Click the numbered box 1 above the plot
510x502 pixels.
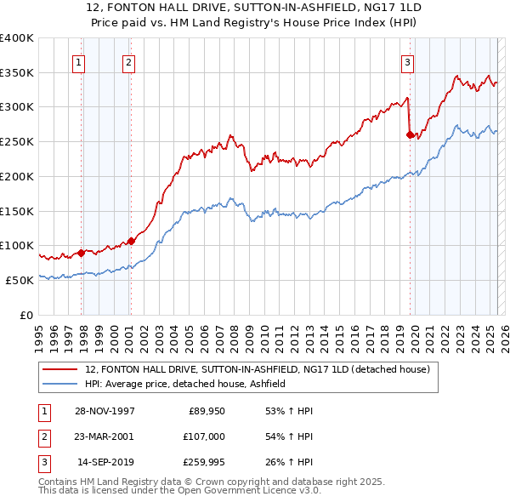coord(78,61)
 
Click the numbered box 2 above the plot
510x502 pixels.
coord(127,61)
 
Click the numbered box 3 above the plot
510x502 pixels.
coord(407,61)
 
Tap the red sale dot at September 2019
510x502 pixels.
coord(410,134)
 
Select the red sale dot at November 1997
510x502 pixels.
coord(82,252)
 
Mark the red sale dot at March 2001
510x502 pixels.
coord(131,240)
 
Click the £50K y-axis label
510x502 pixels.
coord(20,280)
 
